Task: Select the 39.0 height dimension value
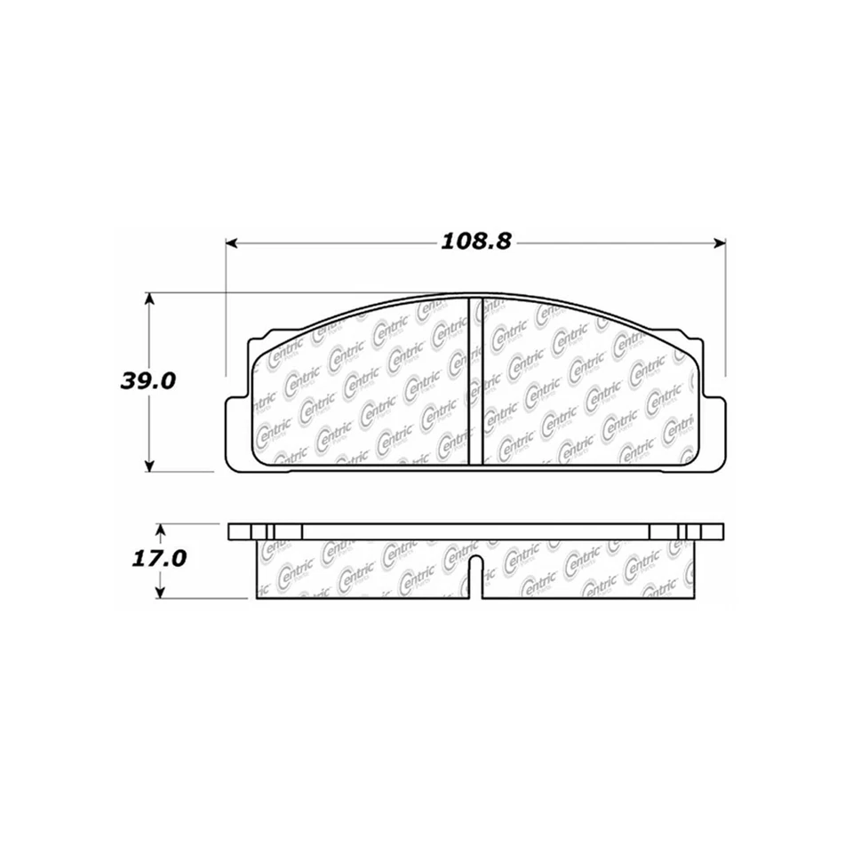[x=148, y=382]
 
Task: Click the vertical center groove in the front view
[x=474, y=380]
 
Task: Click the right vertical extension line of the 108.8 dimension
[x=727, y=311]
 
